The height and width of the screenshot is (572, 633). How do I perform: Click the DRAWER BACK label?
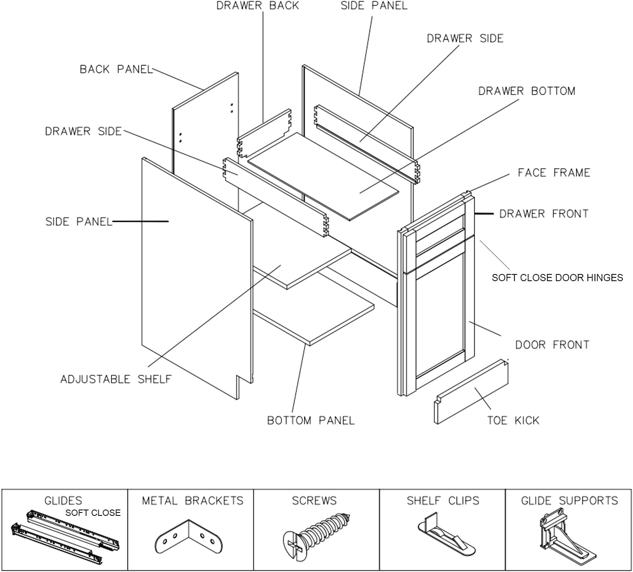coord(257,6)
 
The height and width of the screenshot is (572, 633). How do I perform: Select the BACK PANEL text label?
coord(116,69)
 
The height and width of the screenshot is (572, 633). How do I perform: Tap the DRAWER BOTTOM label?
coord(526,91)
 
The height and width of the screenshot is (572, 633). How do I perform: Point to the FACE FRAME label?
coord(554,173)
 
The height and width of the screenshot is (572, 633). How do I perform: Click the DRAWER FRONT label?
coord(544,214)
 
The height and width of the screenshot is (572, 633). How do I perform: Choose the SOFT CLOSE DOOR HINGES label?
coord(557,278)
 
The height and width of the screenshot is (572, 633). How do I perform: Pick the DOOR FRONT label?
coord(552,345)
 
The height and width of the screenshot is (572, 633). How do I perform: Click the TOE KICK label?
coord(513,420)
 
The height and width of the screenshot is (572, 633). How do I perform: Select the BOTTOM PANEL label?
coord(311,420)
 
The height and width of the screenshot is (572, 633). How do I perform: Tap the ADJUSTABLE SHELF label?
coord(116,379)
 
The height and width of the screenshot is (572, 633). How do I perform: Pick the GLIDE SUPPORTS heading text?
coord(569,501)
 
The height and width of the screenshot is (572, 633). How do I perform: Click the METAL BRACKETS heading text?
coord(192,501)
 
